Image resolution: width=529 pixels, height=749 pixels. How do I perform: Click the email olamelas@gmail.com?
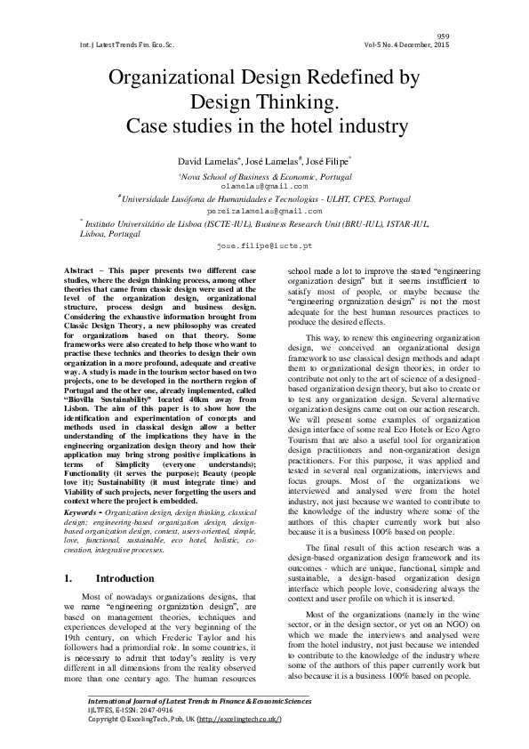click(x=264, y=187)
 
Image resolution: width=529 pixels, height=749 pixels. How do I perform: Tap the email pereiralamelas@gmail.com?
click(x=264, y=213)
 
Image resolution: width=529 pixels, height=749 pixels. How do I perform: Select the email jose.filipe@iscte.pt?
click(x=264, y=243)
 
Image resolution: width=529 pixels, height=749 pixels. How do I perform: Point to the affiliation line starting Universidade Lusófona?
click(x=265, y=200)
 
